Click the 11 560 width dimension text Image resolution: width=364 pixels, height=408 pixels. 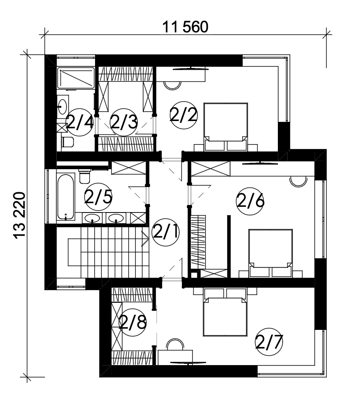tap(185, 27)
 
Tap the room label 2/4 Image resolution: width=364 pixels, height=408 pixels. tap(80, 122)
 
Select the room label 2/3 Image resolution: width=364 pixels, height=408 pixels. tap(124, 122)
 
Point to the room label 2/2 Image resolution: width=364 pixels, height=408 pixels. tap(184, 115)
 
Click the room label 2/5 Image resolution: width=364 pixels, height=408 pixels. tap(98, 197)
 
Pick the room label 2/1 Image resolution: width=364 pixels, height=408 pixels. tap(165, 232)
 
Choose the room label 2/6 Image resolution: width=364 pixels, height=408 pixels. tap(250, 201)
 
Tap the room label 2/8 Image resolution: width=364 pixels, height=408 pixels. tap(133, 322)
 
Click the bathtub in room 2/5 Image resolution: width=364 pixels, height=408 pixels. tap(66, 197)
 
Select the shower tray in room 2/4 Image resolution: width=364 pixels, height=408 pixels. tap(76, 78)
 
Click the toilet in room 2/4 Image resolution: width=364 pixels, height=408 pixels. tap(68, 142)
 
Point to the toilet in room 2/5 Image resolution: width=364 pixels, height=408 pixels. tap(84, 176)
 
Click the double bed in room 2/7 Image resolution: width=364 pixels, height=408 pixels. tap(225, 312)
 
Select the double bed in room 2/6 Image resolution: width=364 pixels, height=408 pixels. tap(271, 253)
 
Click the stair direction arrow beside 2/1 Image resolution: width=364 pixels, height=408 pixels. tap(145, 239)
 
